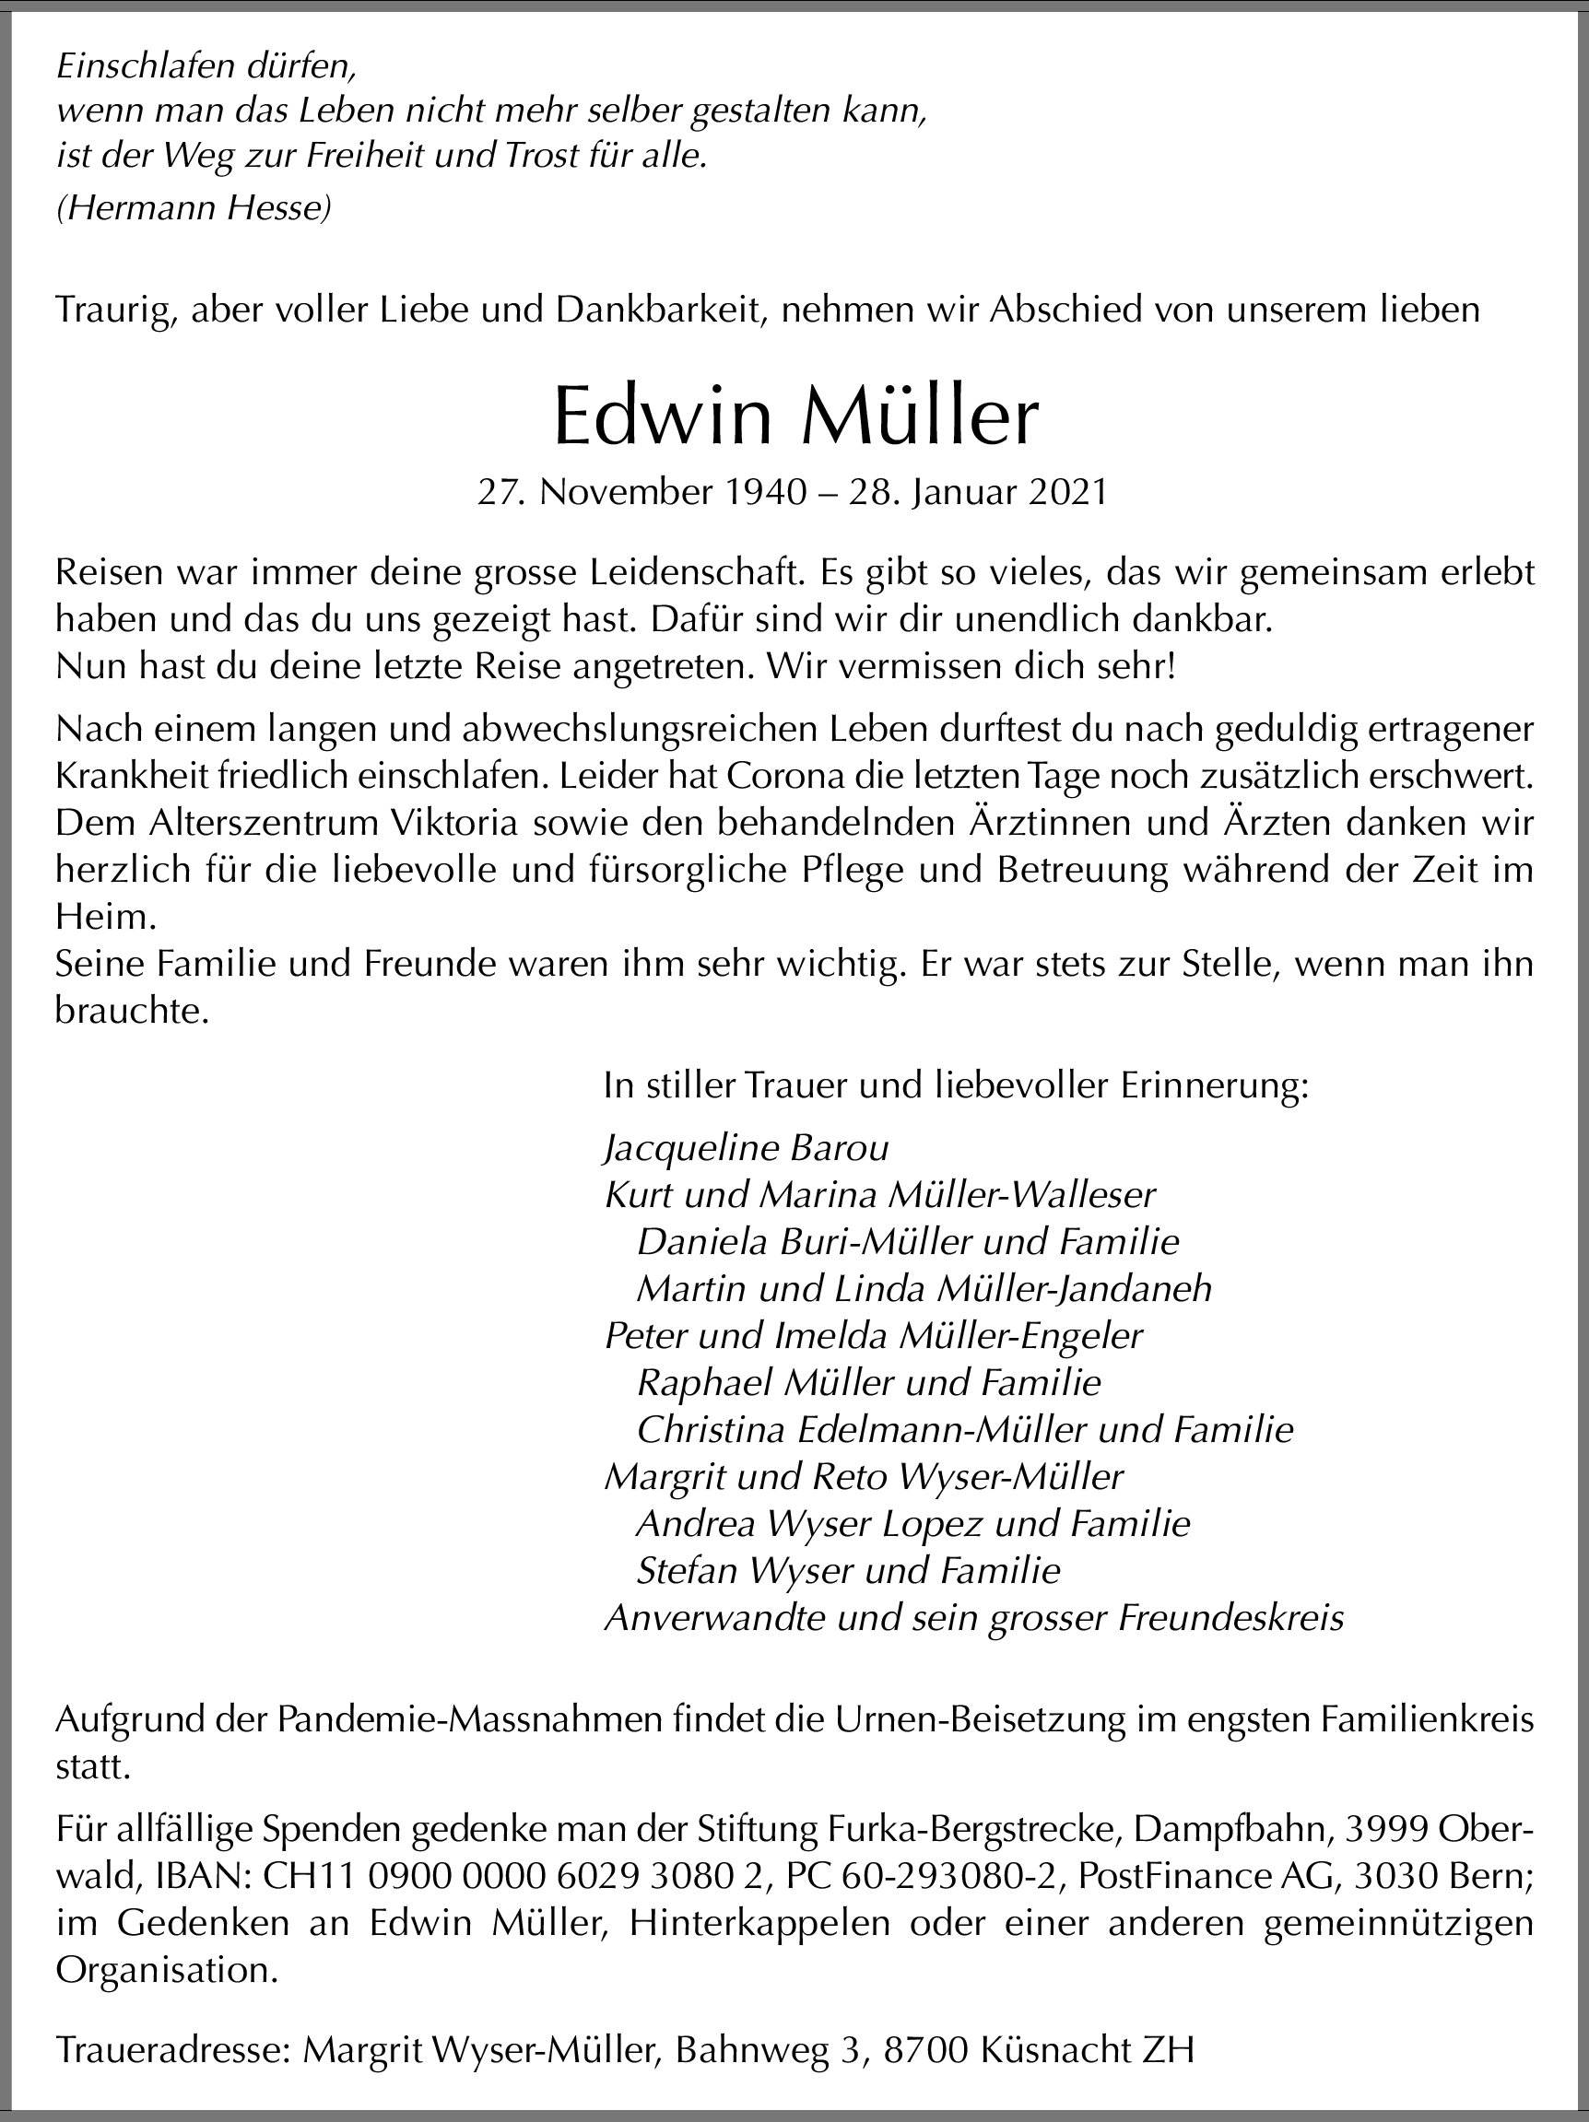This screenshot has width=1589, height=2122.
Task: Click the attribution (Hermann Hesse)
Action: click(194, 208)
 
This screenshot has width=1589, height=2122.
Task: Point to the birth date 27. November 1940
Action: click(641, 492)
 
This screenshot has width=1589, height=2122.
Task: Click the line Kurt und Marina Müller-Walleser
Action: click(880, 1194)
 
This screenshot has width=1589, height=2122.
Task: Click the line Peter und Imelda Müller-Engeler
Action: click(873, 1335)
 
